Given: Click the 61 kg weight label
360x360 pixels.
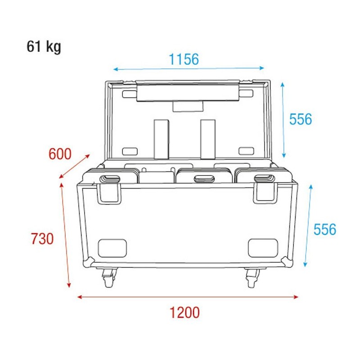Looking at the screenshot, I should pos(44,47).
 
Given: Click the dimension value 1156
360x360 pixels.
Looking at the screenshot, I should pos(184,59).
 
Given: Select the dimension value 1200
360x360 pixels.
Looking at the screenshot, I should pos(184,312).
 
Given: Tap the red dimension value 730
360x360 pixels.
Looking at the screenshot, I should pos(42,238).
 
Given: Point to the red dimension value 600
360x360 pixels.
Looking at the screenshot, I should pos(60,154).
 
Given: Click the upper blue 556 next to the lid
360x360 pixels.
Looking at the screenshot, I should pos(300,119).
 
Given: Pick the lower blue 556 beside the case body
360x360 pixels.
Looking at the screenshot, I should pos(324,229).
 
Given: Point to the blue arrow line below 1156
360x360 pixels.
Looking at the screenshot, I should pos(189,69).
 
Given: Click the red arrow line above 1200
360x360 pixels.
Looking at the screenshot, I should pos(188,297).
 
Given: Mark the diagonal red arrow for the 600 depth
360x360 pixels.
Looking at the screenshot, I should pos(75,166).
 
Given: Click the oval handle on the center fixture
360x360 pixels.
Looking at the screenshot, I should pos(205,179).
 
